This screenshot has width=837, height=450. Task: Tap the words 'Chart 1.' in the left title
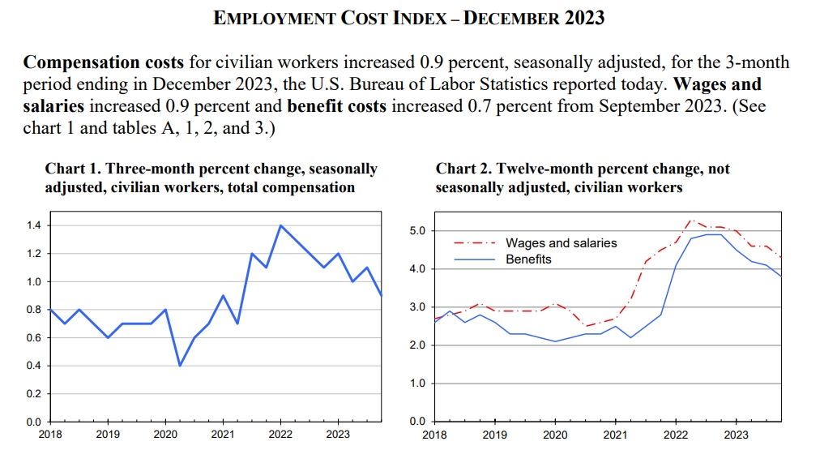[x=72, y=169]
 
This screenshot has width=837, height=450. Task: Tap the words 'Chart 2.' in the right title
[x=463, y=169]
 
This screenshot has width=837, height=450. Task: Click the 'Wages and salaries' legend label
[x=561, y=242]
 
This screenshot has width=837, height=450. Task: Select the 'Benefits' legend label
[x=528, y=259]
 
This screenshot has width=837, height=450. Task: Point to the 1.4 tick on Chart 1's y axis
[x=33, y=225]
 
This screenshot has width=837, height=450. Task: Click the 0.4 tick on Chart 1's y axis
[x=33, y=366]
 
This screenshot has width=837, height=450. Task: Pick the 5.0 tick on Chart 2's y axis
[x=416, y=231]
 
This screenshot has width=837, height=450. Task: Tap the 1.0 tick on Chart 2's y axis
[x=416, y=384]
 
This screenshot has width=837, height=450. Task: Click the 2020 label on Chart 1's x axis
[x=165, y=435]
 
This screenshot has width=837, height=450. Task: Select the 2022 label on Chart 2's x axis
[x=675, y=435]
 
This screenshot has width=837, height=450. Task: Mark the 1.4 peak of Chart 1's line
[x=280, y=225]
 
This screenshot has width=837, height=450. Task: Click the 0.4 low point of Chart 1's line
[x=180, y=366]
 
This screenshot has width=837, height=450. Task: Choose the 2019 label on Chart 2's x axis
[x=495, y=435]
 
